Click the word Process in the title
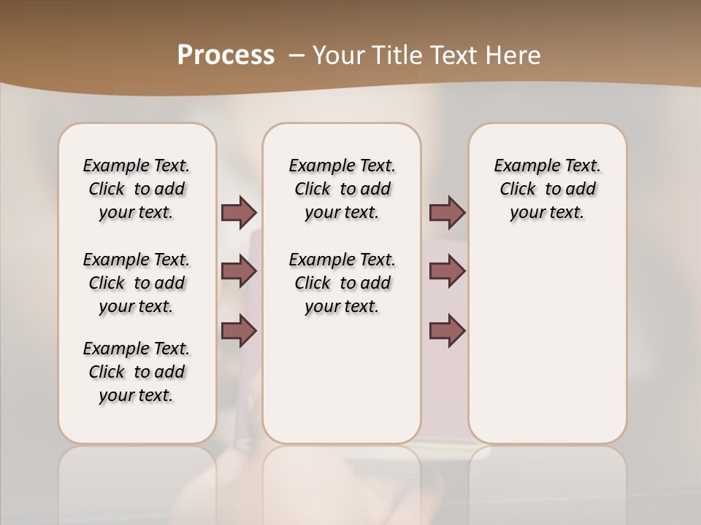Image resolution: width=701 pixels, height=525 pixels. pos(226,55)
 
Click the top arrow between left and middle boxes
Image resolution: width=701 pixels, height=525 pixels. pos(239,212)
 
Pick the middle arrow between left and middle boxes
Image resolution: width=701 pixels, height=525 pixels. pos(239,271)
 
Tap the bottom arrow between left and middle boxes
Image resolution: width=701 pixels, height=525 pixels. pos(239,331)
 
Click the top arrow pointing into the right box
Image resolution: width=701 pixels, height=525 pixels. pos(447,212)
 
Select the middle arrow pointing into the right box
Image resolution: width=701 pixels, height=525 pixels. pos(447,271)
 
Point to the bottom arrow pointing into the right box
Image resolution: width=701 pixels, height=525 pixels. pos(447,331)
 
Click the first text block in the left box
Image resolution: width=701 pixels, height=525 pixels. pos(137,189)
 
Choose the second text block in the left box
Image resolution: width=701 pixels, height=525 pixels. pos(137,283)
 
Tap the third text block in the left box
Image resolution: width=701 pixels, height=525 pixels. pos(137,372)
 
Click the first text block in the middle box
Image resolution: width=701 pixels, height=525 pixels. pos(342,189)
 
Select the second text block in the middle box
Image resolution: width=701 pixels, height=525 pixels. pos(342,283)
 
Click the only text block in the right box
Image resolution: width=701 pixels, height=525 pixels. pos(547,189)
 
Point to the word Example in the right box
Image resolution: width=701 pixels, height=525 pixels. pos(519,166)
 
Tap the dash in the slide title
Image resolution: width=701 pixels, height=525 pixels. pos(296,55)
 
